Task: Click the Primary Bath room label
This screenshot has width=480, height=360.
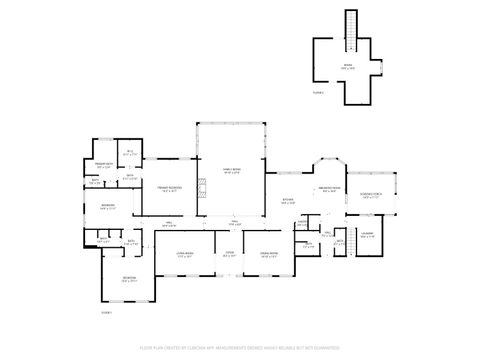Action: coord(102,165)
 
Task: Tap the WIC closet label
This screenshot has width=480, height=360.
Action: coord(129,153)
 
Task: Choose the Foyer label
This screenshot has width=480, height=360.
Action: coord(229,255)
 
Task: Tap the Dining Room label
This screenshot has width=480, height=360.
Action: coord(268,256)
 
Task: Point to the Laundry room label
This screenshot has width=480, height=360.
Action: coord(367,234)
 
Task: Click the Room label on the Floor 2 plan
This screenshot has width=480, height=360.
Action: coord(349,68)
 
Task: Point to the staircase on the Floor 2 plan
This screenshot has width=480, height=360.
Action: coord(350,27)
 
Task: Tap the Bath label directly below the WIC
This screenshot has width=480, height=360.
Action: coord(129,177)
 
